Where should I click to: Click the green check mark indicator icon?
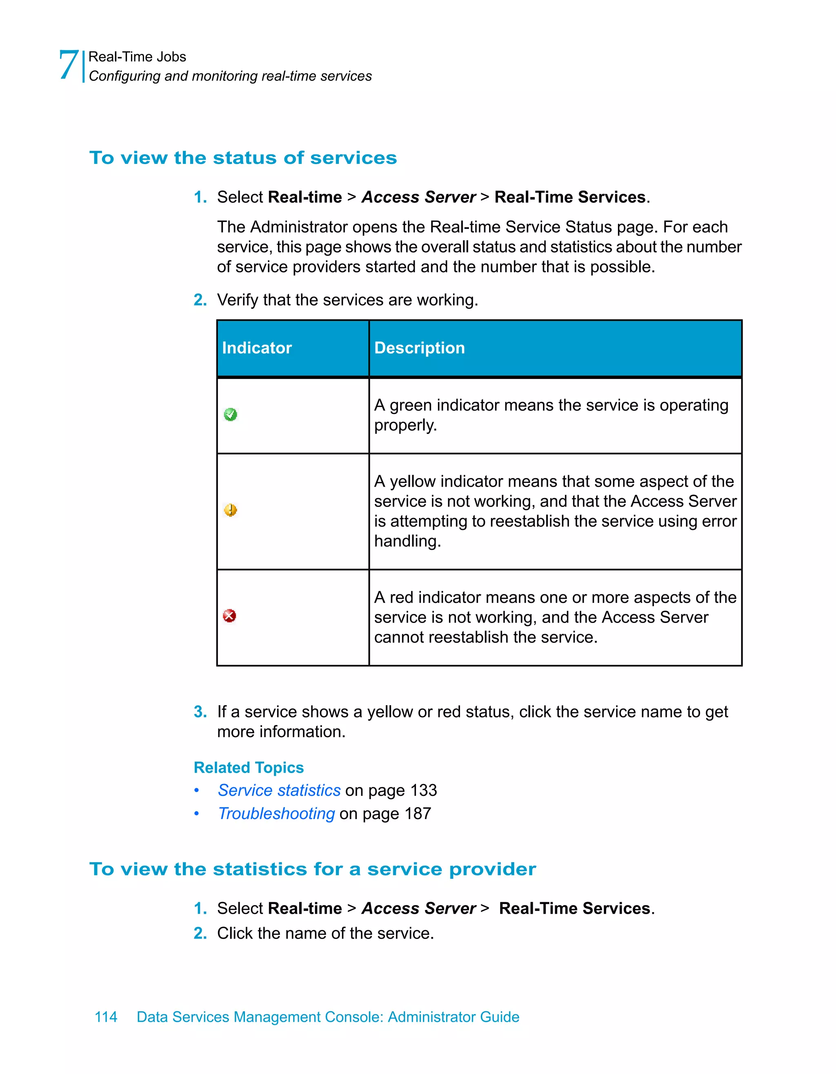pyautogui.click(x=230, y=414)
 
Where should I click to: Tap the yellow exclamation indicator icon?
pyautogui.click(x=230, y=510)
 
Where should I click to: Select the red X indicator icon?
pyautogui.click(x=229, y=616)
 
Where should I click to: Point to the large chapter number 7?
pyautogui.click(x=69, y=65)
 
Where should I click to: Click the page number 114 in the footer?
pyautogui.click(x=106, y=1017)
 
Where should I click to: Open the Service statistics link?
pyautogui.click(x=279, y=790)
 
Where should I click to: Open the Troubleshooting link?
pyautogui.click(x=276, y=814)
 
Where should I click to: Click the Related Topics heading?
pyautogui.click(x=249, y=768)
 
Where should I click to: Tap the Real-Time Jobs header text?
pyautogui.click(x=137, y=57)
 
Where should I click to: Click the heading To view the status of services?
pyautogui.click(x=242, y=158)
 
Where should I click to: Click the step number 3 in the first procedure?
pyautogui.click(x=200, y=711)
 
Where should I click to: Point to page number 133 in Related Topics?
pyautogui.click(x=424, y=790)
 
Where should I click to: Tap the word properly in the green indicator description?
pyautogui.click(x=405, y=425)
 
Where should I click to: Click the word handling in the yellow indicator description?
pyautogui.click(x=407, y=541)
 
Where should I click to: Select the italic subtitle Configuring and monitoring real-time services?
pyautogui.click(x=230, y=76)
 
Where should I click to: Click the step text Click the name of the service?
pyautogui.click(x=325, y=933)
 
